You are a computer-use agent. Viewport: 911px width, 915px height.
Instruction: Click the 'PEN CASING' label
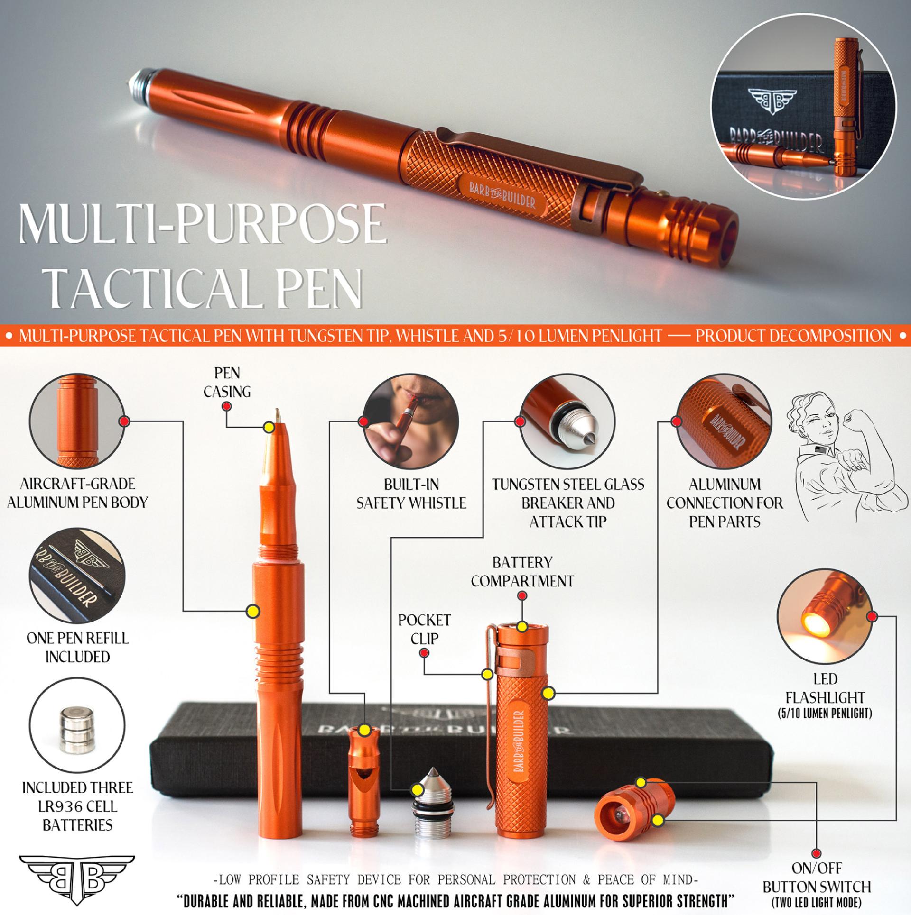[227, 382]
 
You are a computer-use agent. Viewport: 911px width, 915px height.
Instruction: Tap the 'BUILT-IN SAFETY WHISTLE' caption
[411, 494]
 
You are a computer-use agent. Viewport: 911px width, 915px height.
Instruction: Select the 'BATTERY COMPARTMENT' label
[522, 572]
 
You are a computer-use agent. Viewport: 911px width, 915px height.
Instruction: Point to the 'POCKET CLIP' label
[424, 629]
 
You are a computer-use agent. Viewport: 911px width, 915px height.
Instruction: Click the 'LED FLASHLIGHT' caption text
[825, 688]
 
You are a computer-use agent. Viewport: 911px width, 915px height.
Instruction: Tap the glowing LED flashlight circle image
[825, 617]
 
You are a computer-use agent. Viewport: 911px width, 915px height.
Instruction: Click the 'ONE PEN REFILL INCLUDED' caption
[77, 647]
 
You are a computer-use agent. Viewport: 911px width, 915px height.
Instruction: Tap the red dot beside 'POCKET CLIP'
[425, 653]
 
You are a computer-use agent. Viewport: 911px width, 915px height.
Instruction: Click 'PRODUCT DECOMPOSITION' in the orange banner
[793, 336]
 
